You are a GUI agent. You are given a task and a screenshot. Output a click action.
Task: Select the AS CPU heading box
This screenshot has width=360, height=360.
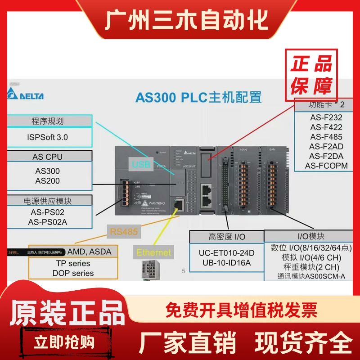[x=48, y=157]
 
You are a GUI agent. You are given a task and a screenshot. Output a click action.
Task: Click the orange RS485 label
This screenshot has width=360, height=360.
[x=123, y=232]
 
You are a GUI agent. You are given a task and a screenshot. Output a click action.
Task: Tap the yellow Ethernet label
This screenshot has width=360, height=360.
[x=154, y=252]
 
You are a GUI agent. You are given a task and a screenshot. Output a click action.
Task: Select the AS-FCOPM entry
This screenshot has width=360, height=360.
[x=326, y=166]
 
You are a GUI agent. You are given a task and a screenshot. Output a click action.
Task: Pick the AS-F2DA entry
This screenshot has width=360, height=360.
[x=326, y=156]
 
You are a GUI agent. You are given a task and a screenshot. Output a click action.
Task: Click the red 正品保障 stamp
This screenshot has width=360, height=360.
[x=311, y=75]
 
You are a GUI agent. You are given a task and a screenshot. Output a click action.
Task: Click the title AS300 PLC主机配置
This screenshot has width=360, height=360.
[x=198, y=97]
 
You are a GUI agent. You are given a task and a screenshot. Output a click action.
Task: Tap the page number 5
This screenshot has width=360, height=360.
[x=183, y=271]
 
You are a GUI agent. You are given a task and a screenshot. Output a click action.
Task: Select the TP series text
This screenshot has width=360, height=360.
[x=73, y=263]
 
